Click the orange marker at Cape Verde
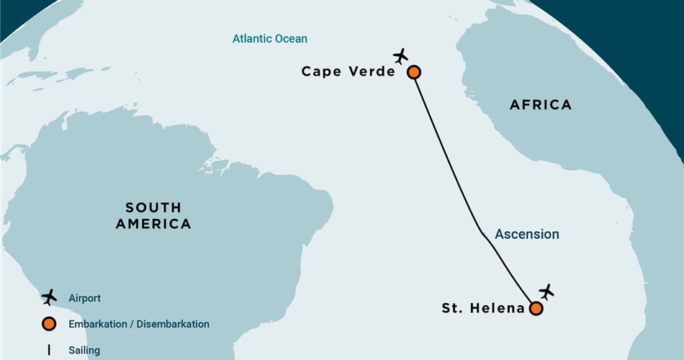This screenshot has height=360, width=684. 413,72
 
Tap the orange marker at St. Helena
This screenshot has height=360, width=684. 536,308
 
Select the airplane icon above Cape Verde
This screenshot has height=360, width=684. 400,55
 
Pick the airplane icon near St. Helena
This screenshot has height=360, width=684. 546,292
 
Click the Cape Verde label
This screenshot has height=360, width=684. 348,71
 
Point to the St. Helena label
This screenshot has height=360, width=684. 483,308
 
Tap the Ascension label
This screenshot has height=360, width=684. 526,234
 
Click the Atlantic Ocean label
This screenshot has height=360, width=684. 269,38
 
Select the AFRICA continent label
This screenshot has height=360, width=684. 540,105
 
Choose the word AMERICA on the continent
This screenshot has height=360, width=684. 154,224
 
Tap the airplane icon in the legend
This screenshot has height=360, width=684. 49,297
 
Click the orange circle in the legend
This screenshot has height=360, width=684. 49,324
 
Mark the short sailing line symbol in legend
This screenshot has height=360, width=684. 49,350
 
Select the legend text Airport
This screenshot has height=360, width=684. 85,298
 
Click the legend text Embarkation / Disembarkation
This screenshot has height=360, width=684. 139,324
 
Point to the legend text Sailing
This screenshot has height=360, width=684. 84,351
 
